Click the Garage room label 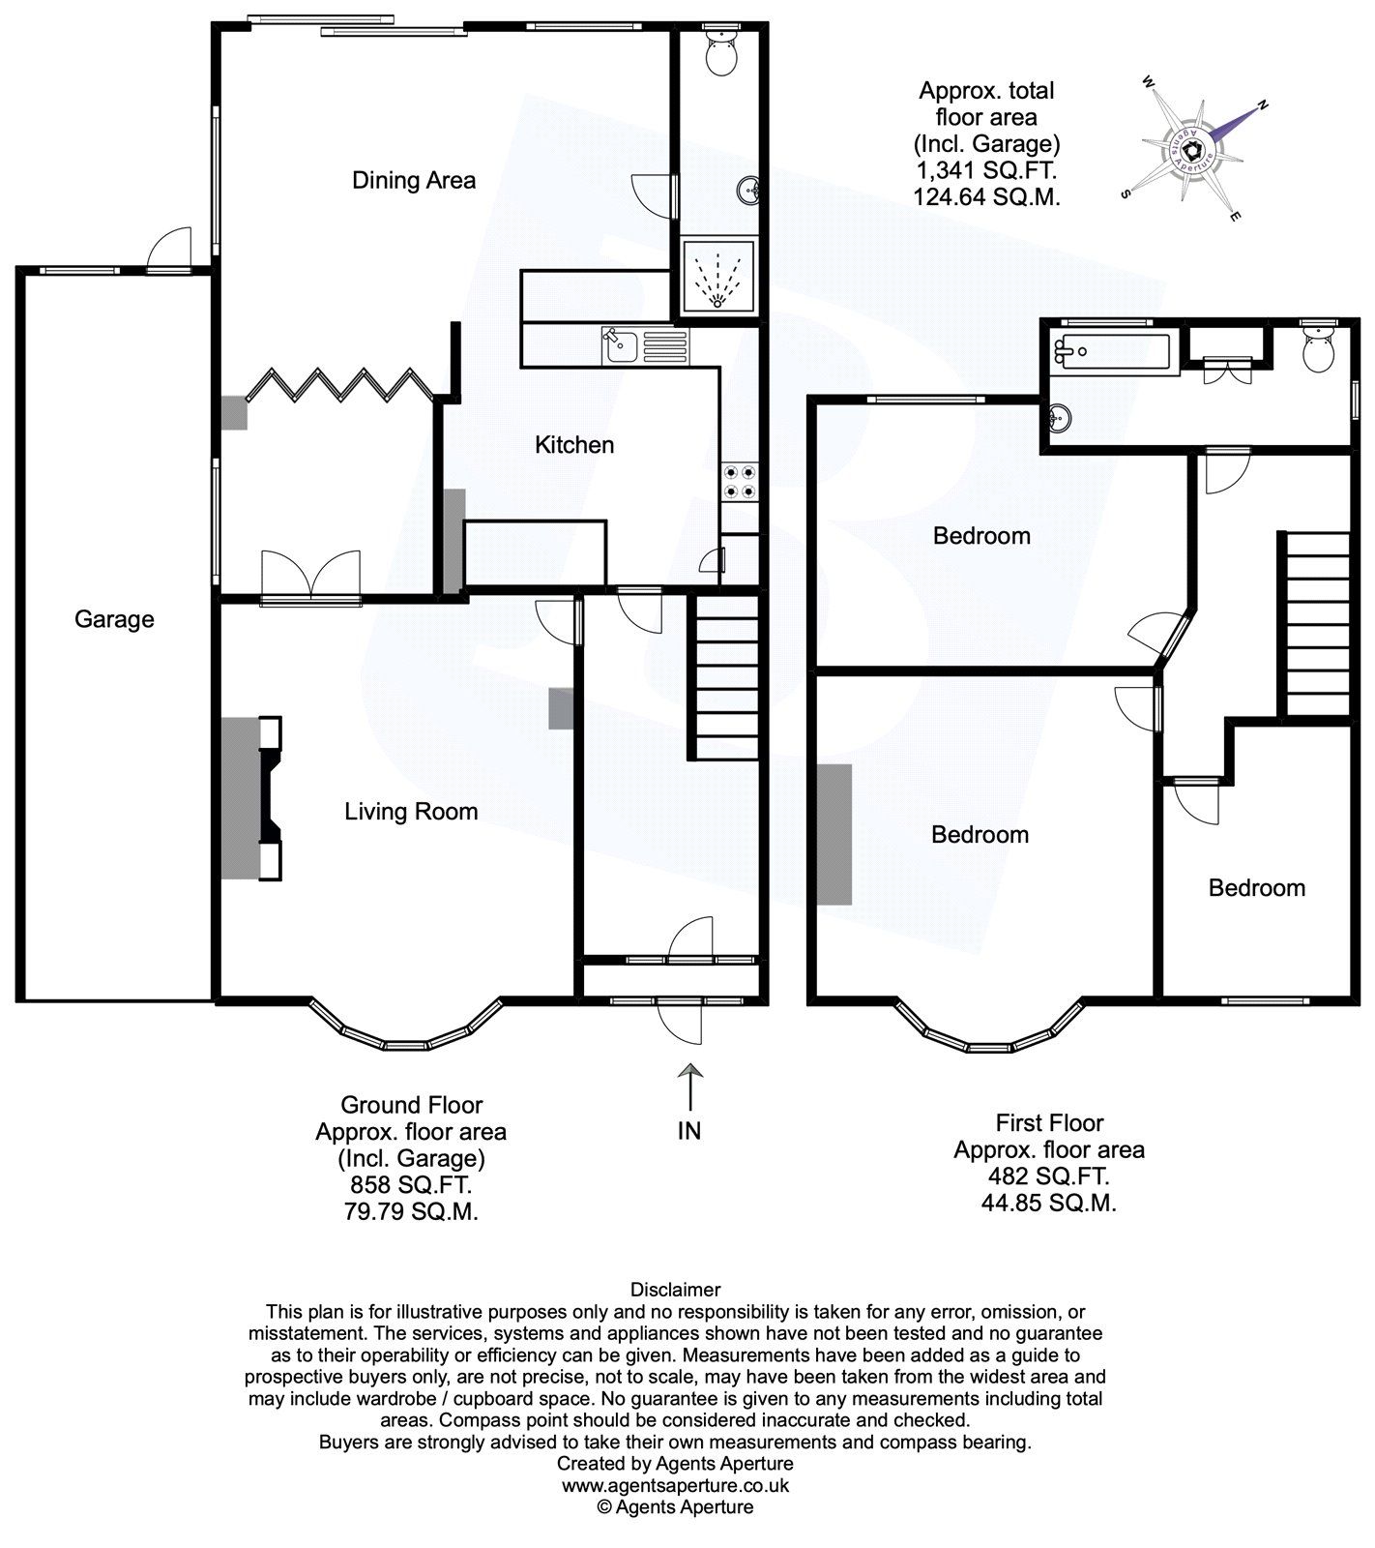114,619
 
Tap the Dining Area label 414,180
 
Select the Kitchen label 574,445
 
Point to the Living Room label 411,811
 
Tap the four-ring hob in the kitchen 740,482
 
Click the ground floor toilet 720,54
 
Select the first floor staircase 1316,624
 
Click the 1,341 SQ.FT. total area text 986,171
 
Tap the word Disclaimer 675,1290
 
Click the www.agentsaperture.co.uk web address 675,1485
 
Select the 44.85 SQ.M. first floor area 1049,1204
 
